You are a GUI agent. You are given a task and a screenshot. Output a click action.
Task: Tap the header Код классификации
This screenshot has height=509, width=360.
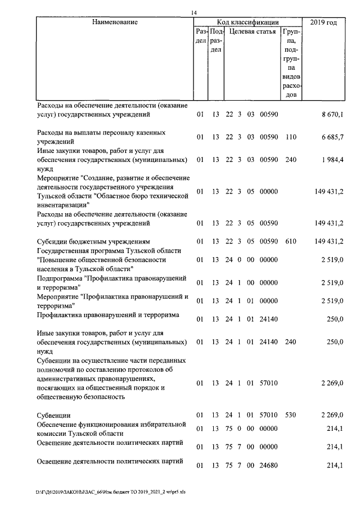248,22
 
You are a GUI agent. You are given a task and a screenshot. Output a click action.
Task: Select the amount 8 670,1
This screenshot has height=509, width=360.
332,115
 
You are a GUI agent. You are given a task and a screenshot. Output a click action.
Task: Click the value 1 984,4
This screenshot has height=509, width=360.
332,160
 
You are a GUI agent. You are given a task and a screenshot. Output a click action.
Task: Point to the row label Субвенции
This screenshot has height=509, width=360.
53,415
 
